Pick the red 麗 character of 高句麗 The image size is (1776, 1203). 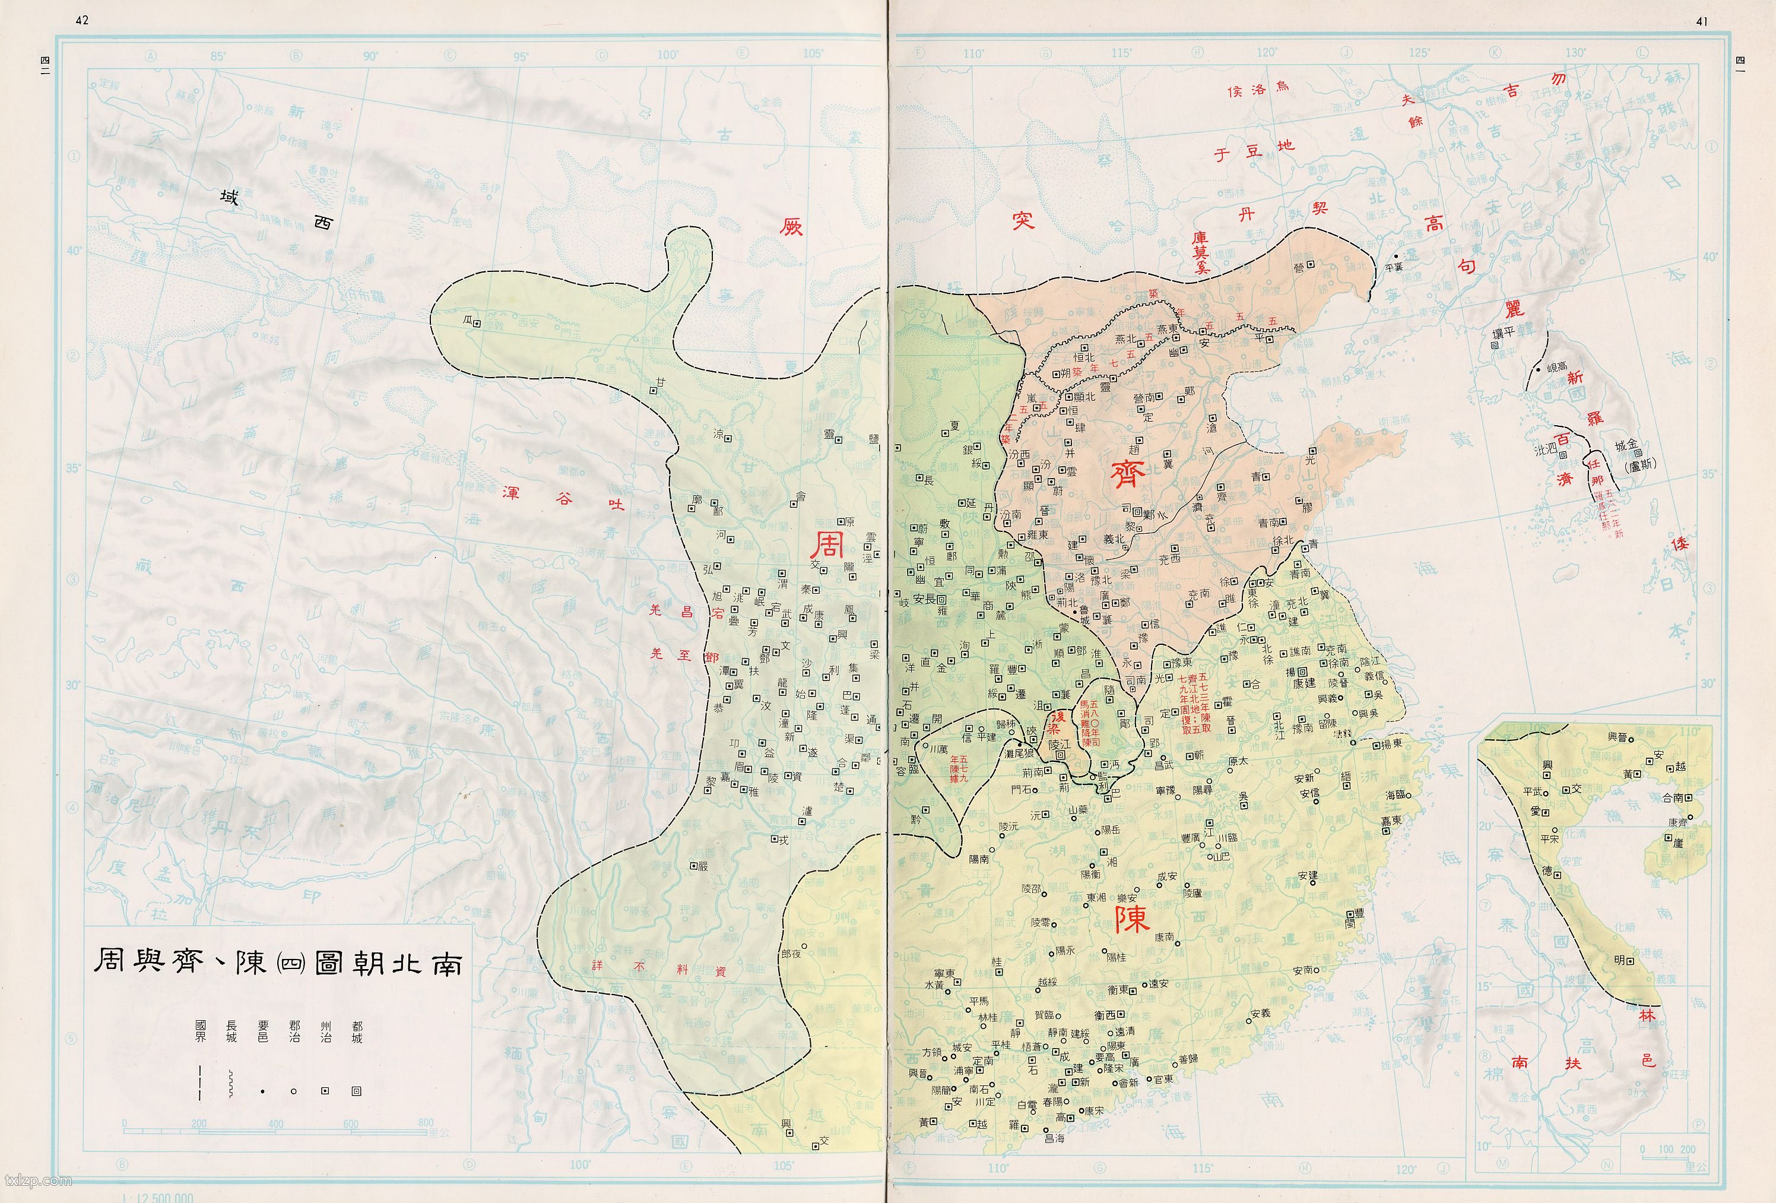(x=1514, y=308)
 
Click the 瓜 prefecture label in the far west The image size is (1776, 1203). (x=468, y=322)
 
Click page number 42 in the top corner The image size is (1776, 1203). (x=82, y=21)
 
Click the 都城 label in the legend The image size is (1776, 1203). (x=356, y=1032)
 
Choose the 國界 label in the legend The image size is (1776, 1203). (x=200, y=1032)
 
